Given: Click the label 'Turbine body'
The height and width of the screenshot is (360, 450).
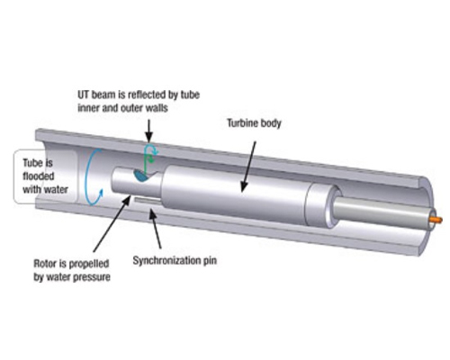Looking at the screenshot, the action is point(254,123).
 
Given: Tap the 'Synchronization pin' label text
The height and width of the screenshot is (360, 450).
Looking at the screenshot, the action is point(175,260).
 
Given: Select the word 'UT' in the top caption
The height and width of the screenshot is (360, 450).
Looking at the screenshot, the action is point(84,94).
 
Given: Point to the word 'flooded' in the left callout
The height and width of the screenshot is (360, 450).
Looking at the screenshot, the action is point(39,176).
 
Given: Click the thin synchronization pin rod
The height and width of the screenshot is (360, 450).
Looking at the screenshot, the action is point(148,201).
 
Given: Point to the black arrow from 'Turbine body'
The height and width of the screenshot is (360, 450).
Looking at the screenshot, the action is point(248,166).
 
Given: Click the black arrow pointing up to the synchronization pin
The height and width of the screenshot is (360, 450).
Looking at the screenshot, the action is point(156,229).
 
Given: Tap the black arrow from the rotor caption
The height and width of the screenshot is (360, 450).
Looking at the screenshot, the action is point(112,223).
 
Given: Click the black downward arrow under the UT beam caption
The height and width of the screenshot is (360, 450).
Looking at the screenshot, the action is point(148,131).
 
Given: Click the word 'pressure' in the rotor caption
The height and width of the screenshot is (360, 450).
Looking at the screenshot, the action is point(92,277).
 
